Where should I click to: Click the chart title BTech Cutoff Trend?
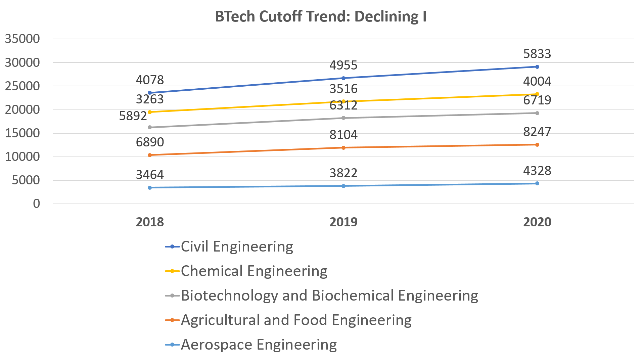tap(321, 16)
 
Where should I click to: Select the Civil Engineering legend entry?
tap(237, 247)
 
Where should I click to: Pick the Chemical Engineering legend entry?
tap(254, 271)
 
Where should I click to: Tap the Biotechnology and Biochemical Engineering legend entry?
tap(329, 296)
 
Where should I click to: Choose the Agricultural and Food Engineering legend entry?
tap(296, 320)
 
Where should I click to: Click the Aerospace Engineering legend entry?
tap(259, 345)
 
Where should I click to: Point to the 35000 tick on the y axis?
tap(22, 39)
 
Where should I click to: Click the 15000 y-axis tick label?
tap(22, 133)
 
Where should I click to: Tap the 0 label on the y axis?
tap(36, 204)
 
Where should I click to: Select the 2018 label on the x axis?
tap(150, 222)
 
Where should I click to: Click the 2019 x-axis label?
tap(343, 222)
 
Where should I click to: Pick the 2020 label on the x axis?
tap(537, 222)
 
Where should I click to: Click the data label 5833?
tap(537, 54)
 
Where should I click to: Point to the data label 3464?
tap(150, 175)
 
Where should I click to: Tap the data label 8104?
tap(343, 135)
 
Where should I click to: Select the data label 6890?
tap(150, 142)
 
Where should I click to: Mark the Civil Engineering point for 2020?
tap(537, 67)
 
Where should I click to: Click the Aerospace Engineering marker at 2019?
tap(343, 186)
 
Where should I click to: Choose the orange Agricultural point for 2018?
tap(150, 155)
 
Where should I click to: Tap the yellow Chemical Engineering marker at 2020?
tap(537, 94)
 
